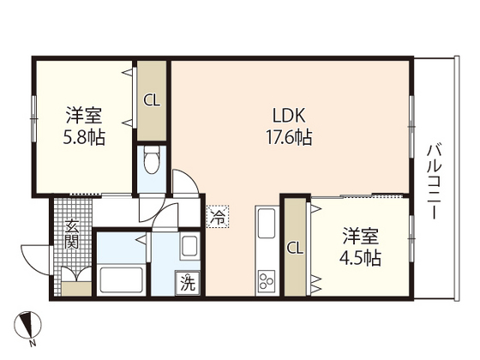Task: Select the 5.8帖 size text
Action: [x=84, y=136]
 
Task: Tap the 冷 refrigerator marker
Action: [x=219, y=218]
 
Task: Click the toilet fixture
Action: [x=152, y=160]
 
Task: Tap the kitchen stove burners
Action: [x=266, y=280]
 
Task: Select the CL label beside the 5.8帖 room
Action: [x=152, y=100]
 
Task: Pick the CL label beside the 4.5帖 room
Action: [x=294, y=249]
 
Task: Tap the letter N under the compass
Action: [x=33, y=344]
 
